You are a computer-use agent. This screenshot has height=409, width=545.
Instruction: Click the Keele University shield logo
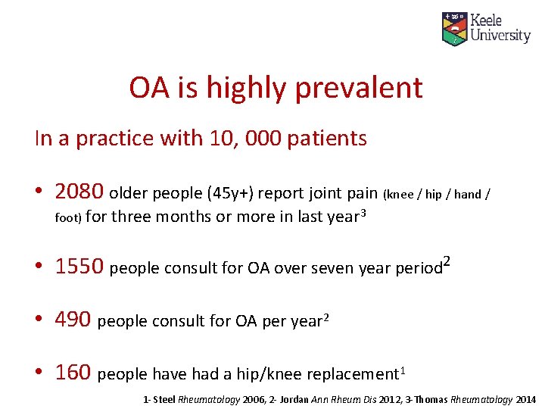pos(454,28)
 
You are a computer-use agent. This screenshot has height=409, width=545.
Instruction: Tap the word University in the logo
pos(500,35)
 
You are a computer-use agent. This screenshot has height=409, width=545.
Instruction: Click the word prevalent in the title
pos(358,88)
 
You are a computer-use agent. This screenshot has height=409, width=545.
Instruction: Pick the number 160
pos(74,372)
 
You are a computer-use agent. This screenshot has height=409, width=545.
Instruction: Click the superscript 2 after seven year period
pos(447,261)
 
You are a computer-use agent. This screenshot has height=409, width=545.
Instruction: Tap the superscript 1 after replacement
pos(402,369)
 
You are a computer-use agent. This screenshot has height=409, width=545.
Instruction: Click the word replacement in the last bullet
pos(356,373)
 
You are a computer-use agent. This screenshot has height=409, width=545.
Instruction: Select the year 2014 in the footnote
pos(525,399)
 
